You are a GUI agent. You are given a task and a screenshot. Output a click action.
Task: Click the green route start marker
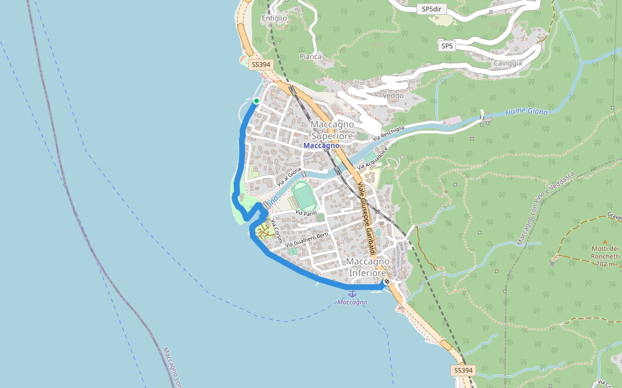click(x=257, y=101)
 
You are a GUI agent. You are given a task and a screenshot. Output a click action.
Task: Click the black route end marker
click(x=387, y=281)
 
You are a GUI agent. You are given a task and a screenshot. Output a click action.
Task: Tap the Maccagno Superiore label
click(x=332, y=130)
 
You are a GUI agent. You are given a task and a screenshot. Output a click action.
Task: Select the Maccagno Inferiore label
click(x=368, y=267)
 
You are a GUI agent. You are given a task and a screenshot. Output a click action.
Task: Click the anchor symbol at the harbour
click(x=352, y=294)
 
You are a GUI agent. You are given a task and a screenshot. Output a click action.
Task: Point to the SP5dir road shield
click(x=434, y=9)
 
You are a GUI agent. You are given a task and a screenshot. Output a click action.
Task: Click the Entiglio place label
click(x=274, y=18)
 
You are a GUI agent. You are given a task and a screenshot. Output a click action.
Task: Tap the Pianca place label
click(x=310, y=57)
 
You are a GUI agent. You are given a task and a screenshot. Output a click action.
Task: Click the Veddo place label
click(x=393, y=96)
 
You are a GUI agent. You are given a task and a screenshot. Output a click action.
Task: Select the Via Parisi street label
click(x=305, y=213)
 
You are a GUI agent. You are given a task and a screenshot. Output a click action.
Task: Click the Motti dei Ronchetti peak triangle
click(x=606, y=241)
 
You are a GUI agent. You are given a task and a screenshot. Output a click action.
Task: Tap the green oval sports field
click(x=301, y=194)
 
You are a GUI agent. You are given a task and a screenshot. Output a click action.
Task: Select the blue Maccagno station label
click(x=321, y=145)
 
